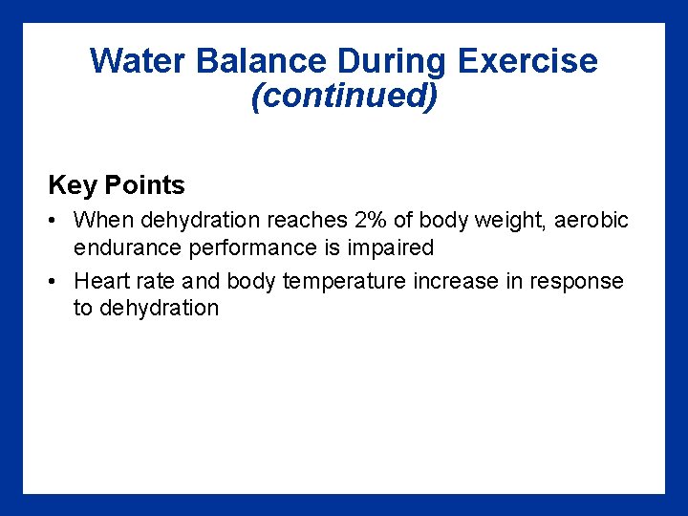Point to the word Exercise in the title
527,62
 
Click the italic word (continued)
344,96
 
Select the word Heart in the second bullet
98,281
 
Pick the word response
575,281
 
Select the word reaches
307,220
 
